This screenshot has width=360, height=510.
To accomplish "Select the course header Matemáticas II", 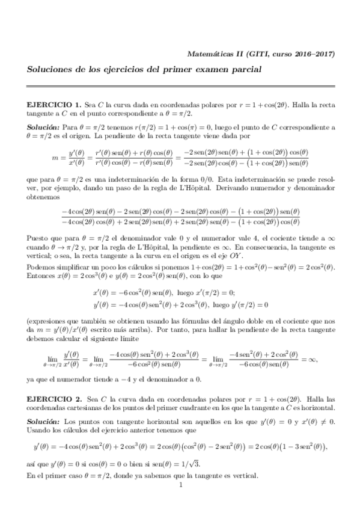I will pos(227,54).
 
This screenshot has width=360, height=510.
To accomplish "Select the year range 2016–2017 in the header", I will pos(313,54).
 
